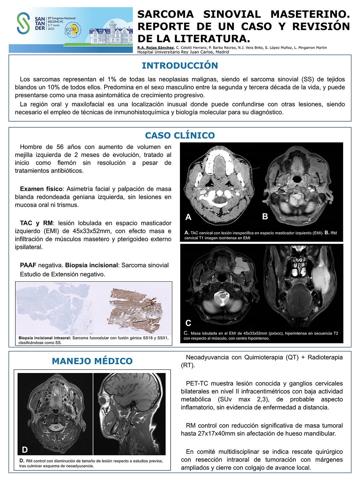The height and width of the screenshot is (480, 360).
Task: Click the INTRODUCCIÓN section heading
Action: pyautogui.click(x=180, y=66)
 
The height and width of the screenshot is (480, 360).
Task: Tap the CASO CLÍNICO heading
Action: pyautogui.click(x=180, y=136)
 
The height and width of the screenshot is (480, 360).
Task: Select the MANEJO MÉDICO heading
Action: pyautogui.click(x=92, y=361)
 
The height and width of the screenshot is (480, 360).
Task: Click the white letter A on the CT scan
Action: pyautogui.click(x=188, y=217)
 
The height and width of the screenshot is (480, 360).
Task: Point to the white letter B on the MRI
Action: pyautogui.click(x=265, y=217)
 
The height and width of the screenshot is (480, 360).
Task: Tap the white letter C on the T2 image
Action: pyautogui.click(x=188, y=323)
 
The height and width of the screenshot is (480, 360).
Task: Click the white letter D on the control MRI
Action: pyautogui.click(x=25, y=450)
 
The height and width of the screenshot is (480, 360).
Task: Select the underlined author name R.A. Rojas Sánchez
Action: pyautogui.click(x=155, y=48)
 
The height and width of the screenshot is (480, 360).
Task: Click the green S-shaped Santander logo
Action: pyautogui.click(x=23, y=23)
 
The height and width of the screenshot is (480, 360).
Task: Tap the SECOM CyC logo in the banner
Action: pyautogui.click(x=71, y=31)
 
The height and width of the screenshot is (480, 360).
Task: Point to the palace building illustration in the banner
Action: pyautogui.click(x=110, y=33)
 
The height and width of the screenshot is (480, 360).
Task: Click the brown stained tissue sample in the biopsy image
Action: pyautogui.click(x=138, y=307)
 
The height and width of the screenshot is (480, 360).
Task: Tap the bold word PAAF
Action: pyautogui.click(x=28, y=265)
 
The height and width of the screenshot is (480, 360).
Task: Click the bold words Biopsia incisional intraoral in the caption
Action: pyautogui.click(x=45, y=338)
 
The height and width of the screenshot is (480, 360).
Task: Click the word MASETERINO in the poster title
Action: pyautogui.click(x=310, y=14)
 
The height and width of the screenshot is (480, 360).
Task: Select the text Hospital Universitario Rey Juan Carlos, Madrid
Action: pyautogui.click(x=183, y=52)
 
